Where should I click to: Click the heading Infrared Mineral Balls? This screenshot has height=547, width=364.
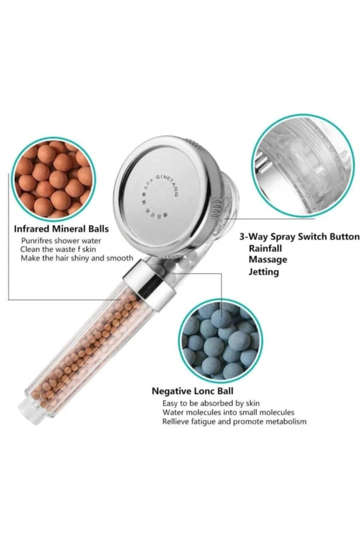pyautogui.click(x=61, y=229)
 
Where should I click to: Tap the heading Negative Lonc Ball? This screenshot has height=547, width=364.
pyautogui.click(x=192, y=391)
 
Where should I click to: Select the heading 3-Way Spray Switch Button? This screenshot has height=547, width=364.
pyautogui.click(x=299, y=237)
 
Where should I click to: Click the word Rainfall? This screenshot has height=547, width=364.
pyautogui.click(x=265, y=248)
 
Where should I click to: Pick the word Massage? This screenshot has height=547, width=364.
pyautogui.click(x=268, y=259)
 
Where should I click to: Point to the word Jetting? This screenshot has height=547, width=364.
pyautogui.click(x=264, y=272)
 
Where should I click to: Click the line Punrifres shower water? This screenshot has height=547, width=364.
pyautogui.click(x=61, y=241)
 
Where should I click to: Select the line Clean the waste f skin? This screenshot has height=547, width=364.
pyautogui.click(x=58, y=249)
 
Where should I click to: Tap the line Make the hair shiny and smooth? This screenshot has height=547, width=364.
pyautogui.click(x=77, y=258)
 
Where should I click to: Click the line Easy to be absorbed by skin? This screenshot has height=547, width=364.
pyautogui.click(x=211, y=403)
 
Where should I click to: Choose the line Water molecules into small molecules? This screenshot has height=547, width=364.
pyautogui.click(x=228, y=413)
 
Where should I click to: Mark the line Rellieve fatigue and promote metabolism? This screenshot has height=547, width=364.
pyautogui.click(x=234, y=422)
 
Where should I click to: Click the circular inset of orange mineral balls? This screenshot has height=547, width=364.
pyautogui.click(x=53, y=179)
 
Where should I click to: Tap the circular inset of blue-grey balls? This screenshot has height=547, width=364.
pyautogui.click(x=221, y=341)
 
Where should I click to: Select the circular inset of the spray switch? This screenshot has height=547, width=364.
pyautogui.click(x=303, y=165)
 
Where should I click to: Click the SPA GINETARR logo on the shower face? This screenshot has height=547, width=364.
pyautogui.click(x=159, y=198)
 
